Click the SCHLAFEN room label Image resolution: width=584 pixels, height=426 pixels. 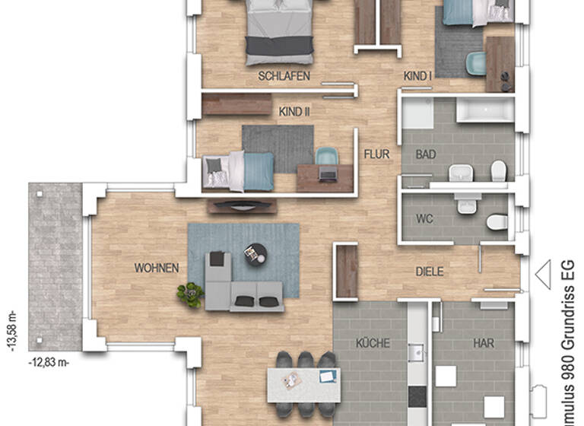pyautogui.click(x=284, y=76)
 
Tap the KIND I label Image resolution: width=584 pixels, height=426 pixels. pyautogui.click(x=417, y=76)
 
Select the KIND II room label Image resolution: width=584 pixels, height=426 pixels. pyautogui.click(x=295, y=112)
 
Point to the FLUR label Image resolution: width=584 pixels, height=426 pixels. pyautogui.click(x=376, y=154)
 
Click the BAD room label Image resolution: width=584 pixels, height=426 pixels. pyautogui.click(x=425, y=154)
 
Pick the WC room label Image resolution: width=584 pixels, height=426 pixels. pyautogui.click(x=424, y=218)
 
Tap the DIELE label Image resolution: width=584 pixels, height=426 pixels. pyautogui.click(x=429, y=272)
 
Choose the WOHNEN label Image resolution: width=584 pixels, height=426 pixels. pyautogui.click(x=157, y=268)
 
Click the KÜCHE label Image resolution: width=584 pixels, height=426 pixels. pyautogui.click(x=373, y=343)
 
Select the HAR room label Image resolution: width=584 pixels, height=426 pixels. pyautogui.click(x=483, y=343)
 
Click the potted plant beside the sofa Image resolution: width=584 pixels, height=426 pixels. pyautogui.click(x=189, y=294)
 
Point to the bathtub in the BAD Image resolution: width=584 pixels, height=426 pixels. pyautogui.click(x=484, y=110)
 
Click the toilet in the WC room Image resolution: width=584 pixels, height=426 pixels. pyautogui.click(x=496, y=221)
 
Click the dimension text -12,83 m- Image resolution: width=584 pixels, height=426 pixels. pyautogui.click(x=49, y=362)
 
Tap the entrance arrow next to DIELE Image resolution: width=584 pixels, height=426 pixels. pyautogui.click(x=543, y=274)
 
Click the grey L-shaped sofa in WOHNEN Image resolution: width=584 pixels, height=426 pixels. pyautogui.click(x=240, y=288)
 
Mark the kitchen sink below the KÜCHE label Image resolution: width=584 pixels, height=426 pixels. pyautogui.click(x=417, y=353)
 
